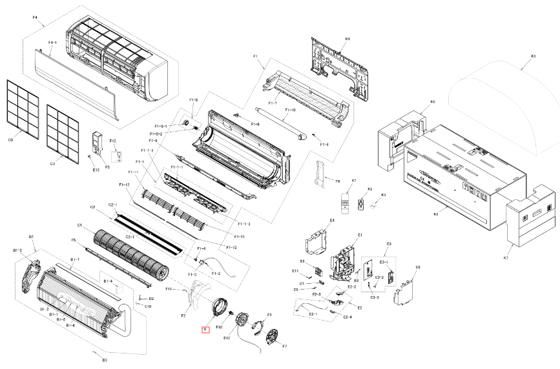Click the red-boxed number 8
(205, 329)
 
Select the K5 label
(534, 57)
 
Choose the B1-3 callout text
(18, 250)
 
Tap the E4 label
(332, 221)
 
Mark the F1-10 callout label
(290, 110)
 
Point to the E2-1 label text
(313, 314)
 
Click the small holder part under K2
(369, 205)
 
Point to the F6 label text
(337, 182)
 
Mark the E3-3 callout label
(375, 297)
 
